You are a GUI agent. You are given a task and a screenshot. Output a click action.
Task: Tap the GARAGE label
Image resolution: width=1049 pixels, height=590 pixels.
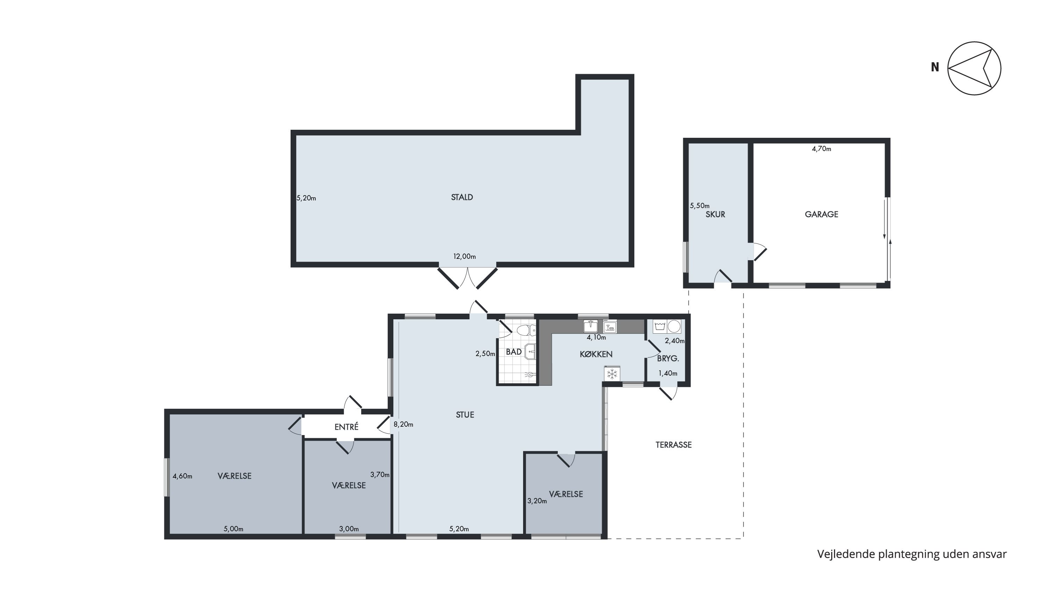point(821,214)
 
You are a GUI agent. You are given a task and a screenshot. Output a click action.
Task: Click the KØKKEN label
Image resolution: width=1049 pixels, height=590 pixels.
point(596,354)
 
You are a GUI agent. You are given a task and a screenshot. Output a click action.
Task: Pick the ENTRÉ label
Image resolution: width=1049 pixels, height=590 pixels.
point(347,427)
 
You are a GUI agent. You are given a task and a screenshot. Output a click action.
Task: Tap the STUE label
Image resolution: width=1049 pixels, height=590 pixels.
point(465,415)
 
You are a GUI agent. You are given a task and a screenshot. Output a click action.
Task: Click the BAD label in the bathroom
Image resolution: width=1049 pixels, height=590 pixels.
point(514,352)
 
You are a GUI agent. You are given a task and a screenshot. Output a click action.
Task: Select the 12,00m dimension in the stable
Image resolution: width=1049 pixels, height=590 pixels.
point(465,256)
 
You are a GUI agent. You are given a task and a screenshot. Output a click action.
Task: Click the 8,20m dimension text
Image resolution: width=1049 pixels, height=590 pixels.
point(403,424)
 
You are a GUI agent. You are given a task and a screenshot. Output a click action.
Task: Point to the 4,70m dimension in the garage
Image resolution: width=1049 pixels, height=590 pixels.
point(821,149)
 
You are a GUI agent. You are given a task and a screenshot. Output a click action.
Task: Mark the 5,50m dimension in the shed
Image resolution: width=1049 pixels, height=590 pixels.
point(700,206)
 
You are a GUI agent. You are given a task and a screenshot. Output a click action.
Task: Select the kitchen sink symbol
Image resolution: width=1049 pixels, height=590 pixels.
point(591,326)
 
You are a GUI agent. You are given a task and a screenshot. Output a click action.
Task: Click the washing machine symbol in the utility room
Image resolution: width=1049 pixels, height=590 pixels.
point(660,326)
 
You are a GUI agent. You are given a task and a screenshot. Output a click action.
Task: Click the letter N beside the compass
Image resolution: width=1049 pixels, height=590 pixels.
point(935,67)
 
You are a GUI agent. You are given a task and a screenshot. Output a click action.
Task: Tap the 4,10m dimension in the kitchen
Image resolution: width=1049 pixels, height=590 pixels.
point(596,337)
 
